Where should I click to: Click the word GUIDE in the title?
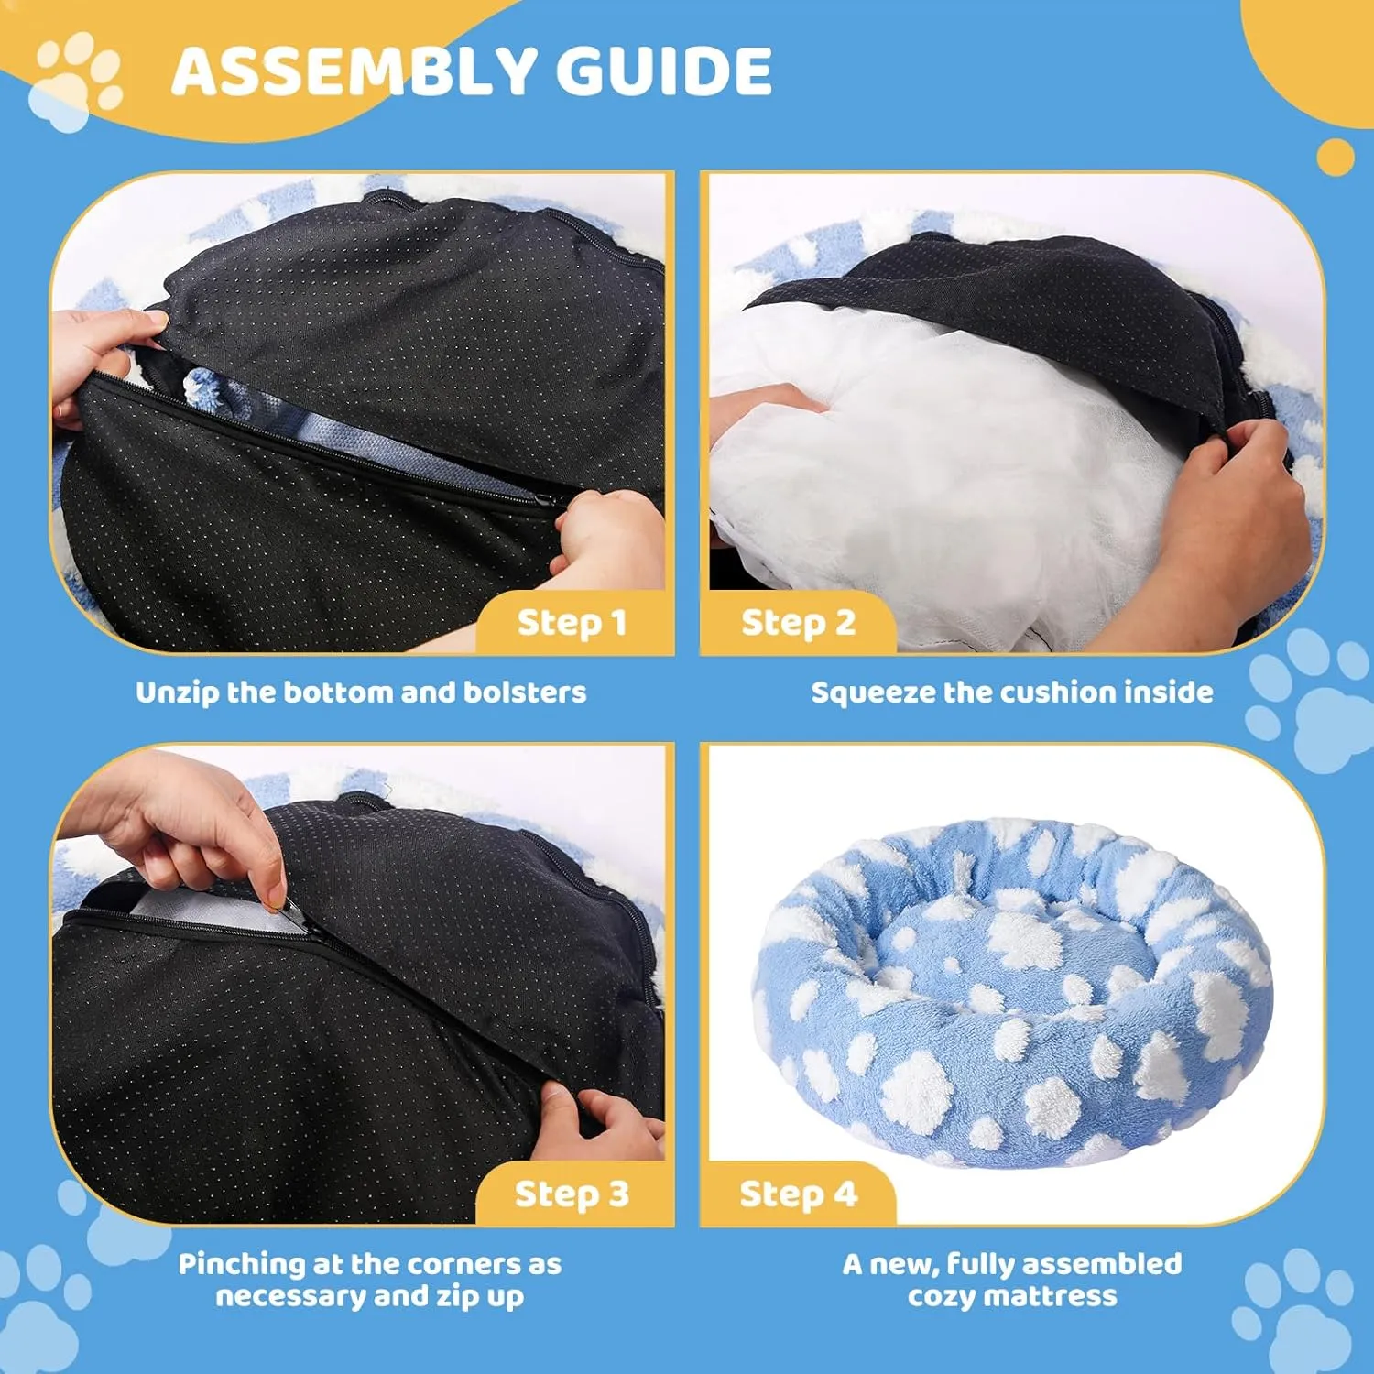pyautogui.click(x=664, y=71)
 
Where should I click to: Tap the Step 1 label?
pyautogui.click(x=572, y=623)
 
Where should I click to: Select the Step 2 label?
pyautogui.click(x=798, y=623)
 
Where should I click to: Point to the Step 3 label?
pyautogui.click(x=572, y=1194)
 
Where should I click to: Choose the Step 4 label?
pyautogui.click(x=798, y=1194)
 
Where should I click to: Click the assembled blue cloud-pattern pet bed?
pyautogui.click(x=1012, y=993)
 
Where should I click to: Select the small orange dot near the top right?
pyautogui.click(x=1336, y=157)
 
